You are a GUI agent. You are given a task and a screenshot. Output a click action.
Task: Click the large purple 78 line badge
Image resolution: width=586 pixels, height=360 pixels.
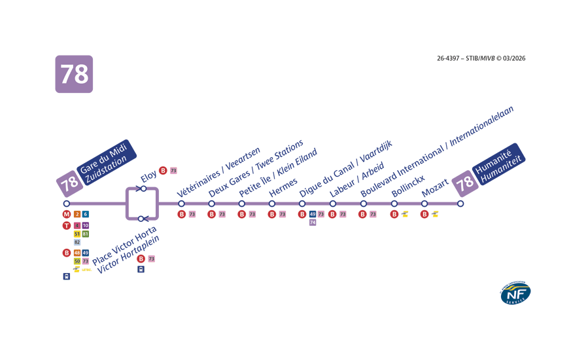click(x=74, y=74)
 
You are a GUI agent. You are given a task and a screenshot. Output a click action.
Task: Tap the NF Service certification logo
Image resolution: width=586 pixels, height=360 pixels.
click(x=515, y=294)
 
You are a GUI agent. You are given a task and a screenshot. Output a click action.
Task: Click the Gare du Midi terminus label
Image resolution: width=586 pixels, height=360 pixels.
click(x=105, y=162)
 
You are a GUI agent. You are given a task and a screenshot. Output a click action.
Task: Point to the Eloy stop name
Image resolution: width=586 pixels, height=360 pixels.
click(x=149, y=177)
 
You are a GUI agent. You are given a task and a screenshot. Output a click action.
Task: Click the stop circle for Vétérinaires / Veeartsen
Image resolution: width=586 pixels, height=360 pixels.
click(x=181, y=204)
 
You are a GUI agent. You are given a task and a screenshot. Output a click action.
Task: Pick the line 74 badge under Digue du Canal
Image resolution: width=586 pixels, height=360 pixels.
click(x=313, y=223)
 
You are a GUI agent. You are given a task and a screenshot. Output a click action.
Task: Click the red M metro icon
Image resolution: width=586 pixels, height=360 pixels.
click(x=66, y=215)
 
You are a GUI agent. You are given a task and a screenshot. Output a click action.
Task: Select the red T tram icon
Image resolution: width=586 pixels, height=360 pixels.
click(x=66, y=226)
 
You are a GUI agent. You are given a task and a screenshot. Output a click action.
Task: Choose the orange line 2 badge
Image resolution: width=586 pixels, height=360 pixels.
click(x=77, y=215)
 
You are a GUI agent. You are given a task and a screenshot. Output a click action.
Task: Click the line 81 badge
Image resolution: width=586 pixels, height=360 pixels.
click(x=86, y=234)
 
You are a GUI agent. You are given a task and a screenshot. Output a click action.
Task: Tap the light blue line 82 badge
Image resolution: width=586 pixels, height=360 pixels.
click(x=77, y=242)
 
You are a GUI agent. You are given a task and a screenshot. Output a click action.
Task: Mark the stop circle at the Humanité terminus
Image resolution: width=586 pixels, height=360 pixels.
click(x=460, y=204)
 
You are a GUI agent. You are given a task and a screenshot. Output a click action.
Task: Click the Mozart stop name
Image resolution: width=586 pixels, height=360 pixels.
click(x=435, y=188)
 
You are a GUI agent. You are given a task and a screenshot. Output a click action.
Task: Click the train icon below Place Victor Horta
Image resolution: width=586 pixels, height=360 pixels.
click(x=141, y=269)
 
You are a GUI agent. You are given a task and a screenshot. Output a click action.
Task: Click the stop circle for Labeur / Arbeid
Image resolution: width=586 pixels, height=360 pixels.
click(x=332, y=204)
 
